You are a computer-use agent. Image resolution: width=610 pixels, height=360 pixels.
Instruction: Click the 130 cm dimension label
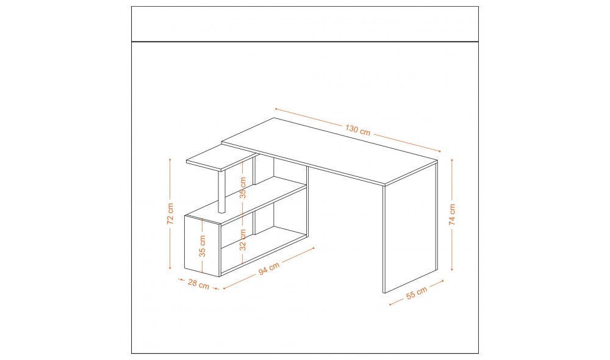coord(357,129)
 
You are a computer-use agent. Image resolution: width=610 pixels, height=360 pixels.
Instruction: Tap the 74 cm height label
coord(451,214)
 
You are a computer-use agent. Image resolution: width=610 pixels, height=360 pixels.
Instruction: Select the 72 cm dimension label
coord(170,214)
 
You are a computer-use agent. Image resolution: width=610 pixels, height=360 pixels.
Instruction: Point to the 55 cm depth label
coord(417,293)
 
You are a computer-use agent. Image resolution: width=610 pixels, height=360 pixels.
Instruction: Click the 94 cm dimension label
coord(269,268)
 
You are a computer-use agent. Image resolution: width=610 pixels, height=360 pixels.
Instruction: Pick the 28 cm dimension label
coord(198,284)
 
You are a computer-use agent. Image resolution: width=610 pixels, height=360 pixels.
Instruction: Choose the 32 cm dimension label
coord(243,240)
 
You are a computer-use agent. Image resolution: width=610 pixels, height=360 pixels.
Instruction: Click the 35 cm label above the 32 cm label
coord(243,187)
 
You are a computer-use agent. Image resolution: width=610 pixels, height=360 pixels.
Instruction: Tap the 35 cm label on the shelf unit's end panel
coord(203,246)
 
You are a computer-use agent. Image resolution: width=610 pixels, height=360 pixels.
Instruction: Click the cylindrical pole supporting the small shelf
coord(222,192)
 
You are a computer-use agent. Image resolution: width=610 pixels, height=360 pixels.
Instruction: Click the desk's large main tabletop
coord(329,151)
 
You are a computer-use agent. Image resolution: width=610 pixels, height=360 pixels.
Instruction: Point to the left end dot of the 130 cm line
coord(276,109)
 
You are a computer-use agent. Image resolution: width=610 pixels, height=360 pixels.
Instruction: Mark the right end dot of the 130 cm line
coord(440,151)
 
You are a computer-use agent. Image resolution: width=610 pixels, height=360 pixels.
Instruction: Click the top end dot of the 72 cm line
coord(170,160)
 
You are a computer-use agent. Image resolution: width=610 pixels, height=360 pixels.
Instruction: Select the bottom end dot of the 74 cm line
coord(451,269)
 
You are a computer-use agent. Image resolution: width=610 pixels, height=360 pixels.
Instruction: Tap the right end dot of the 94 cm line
coord(313,248)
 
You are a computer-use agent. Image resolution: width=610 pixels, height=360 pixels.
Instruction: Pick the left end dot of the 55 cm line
coord(390,304)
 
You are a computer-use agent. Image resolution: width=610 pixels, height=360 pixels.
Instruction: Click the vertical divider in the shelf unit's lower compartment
coord(254,223)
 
